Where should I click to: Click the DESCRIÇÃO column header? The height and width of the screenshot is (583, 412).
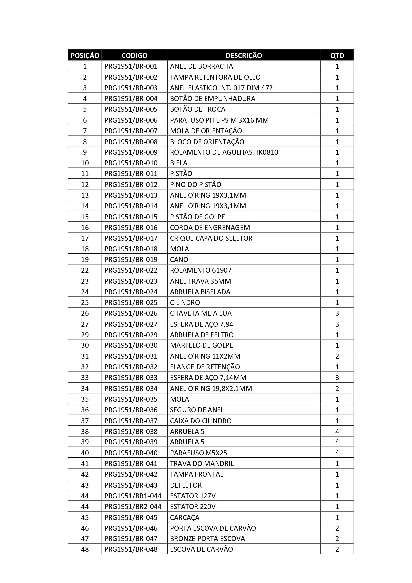point(244,55)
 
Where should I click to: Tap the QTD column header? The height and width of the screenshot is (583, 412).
point(337,55)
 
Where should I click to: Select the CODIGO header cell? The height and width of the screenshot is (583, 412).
point(134,55)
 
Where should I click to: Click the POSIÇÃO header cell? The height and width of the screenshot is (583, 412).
point(85,55)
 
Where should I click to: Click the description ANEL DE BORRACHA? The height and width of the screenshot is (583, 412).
point(202,66)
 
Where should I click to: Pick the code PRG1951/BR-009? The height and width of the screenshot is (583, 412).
point(131,152)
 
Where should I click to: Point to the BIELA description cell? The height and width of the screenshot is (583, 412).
point(179,163)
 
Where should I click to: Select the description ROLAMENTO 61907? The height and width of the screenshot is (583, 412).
point(201,270)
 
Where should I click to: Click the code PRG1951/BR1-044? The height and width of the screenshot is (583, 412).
point(133,496)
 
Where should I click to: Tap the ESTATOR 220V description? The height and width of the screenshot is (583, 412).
point(193,507)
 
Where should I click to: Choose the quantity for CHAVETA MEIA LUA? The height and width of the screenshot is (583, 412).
point(337,313)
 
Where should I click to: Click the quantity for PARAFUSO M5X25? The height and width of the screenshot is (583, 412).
point(337,453)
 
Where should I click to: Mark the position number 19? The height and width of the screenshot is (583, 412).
point(85,260)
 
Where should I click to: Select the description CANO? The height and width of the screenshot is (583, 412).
point(179,260)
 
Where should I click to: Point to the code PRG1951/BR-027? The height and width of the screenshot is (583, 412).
point(131,324)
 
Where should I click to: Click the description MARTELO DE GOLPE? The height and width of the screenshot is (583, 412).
point(202,345)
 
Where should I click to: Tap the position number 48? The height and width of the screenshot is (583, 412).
point(85,549)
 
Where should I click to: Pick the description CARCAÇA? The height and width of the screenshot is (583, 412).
point(185,518)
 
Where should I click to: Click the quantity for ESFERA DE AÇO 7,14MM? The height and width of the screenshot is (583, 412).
point(337,378)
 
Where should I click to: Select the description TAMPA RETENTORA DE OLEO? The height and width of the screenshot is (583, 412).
point(215,77)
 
